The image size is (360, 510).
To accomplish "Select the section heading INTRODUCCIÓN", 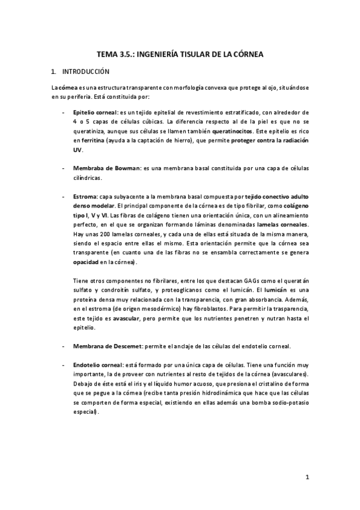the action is pyautogui.click(x=88, y=71).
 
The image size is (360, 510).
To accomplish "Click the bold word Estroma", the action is pyautogui.click(x=85, y=196).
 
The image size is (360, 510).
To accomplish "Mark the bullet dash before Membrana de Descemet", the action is pyautogui.click(x=63, y=346).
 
